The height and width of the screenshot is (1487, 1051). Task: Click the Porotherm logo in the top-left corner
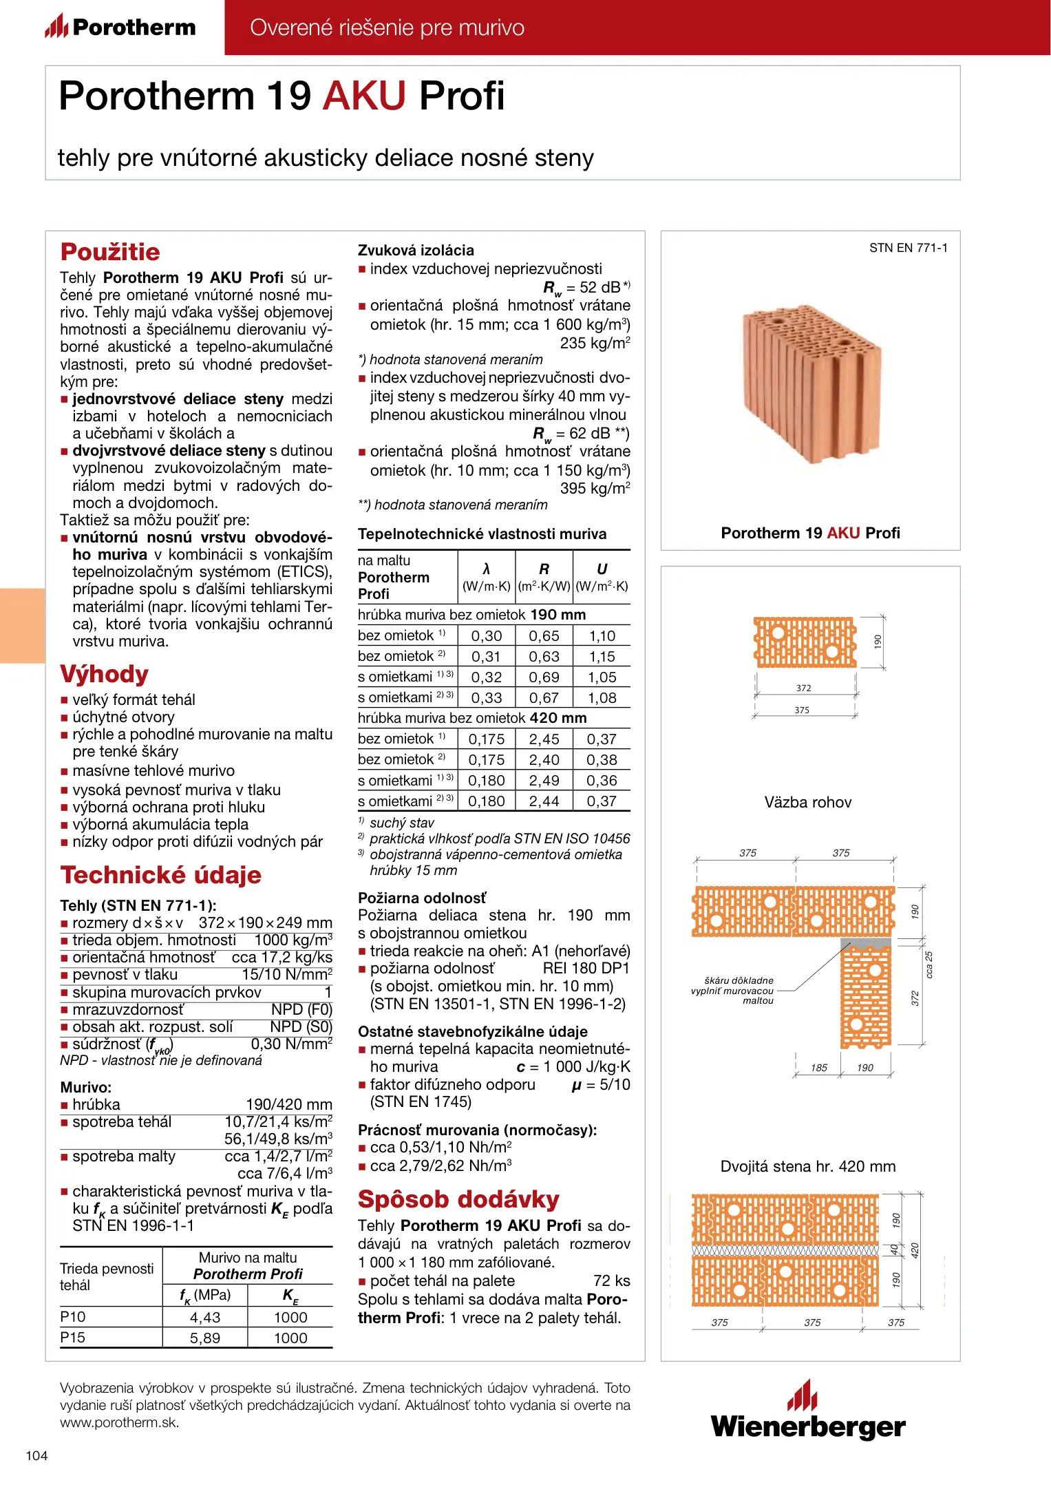pyautogui.click(x=120, y=27)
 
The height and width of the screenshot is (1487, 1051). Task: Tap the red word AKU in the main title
pyautogui.click(x=365, y=96)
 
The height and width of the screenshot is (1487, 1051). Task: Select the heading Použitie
pyautogui.click(x=110, y=252)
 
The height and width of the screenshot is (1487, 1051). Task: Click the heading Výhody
pyautogui.click(x=105, y=674)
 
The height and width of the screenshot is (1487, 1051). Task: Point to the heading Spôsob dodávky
pyautogui.click(x=458, y=1199)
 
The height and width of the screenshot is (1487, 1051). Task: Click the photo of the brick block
pyautogui.click(x=810, y=384)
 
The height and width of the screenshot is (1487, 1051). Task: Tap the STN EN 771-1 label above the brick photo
pyautogui.click(x=908, y=248)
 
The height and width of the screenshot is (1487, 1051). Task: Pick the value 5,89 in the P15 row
pyautogui.click(x=205, y=1338)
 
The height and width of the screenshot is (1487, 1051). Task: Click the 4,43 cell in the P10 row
pyautogui.click(x=205, y=1317)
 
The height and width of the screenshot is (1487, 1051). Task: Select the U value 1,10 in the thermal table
pyautogui.click(x=602, y=636)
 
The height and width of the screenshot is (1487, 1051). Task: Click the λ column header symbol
pyautogui.click(x=486, y=569)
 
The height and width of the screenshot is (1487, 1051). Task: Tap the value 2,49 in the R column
pyautogui.click(x=544, y=781)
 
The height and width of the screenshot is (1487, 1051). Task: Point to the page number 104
pyautogui.click(x=36, y=1455)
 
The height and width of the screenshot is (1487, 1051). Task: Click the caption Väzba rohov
pyautogui.click(x=808, y=802)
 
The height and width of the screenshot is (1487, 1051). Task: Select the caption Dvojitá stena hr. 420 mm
pyautogui.click(x=808, y=1166)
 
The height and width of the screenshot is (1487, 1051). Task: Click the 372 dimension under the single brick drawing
pyautogui.click(x=803, y=688)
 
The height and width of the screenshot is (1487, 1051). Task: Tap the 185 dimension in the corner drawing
pyautogui.click(x=818, y=1068)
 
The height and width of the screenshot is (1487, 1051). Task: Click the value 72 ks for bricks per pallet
pyautogui.click(x=611, y=1280)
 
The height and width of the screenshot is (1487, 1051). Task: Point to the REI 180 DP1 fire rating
pyautogui.click(x=586, y=969)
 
